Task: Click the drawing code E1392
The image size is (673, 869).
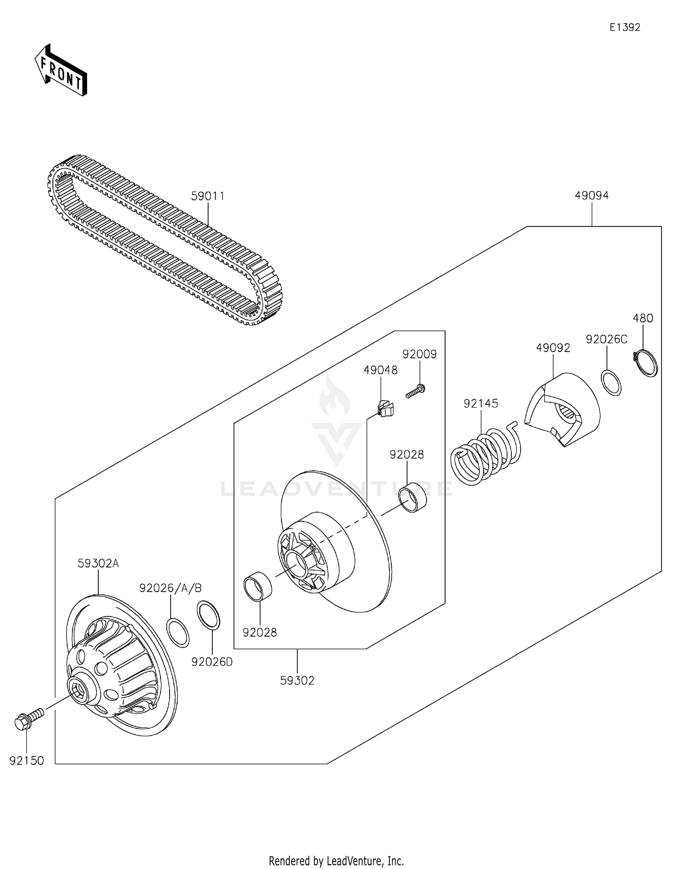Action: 625,27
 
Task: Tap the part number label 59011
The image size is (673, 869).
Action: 207,196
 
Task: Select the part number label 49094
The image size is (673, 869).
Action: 591,196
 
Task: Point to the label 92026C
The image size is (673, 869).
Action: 606,339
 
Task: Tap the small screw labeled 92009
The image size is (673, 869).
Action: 416,391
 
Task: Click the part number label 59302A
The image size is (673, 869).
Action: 98,564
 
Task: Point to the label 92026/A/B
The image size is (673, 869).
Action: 170,588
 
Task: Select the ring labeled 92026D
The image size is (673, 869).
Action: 209,615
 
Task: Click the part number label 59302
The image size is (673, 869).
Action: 297,681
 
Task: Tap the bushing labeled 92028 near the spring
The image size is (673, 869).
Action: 413,497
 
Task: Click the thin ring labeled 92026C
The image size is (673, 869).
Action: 611,383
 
